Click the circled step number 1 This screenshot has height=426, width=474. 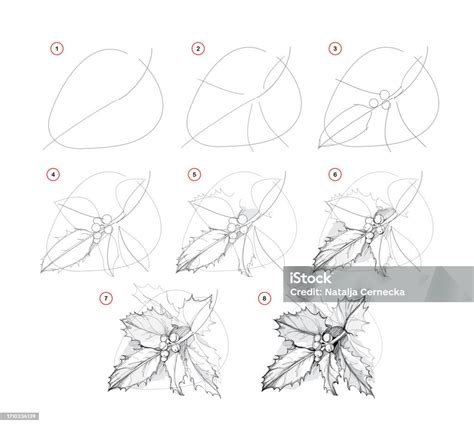pos(57,49)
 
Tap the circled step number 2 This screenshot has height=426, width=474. pos(198,49)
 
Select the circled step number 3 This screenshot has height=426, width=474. pos(335,49)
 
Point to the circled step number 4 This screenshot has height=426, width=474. pos(54,174)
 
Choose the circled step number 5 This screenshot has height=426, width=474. pos(194,174)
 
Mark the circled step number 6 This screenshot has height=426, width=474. pos(335,174)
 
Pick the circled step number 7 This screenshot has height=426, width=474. pos(106,298)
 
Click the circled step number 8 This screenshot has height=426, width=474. pos(264,298)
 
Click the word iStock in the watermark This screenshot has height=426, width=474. pos(310,278)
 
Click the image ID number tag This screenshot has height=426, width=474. pos(19,416)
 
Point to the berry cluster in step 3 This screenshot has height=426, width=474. pos(381,99)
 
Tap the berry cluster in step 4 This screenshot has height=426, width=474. pos(102,228)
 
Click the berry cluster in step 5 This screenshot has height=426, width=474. pos(238,228)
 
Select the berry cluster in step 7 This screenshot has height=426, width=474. pos(170,347)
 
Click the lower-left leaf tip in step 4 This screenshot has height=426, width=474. pos(41,272)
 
